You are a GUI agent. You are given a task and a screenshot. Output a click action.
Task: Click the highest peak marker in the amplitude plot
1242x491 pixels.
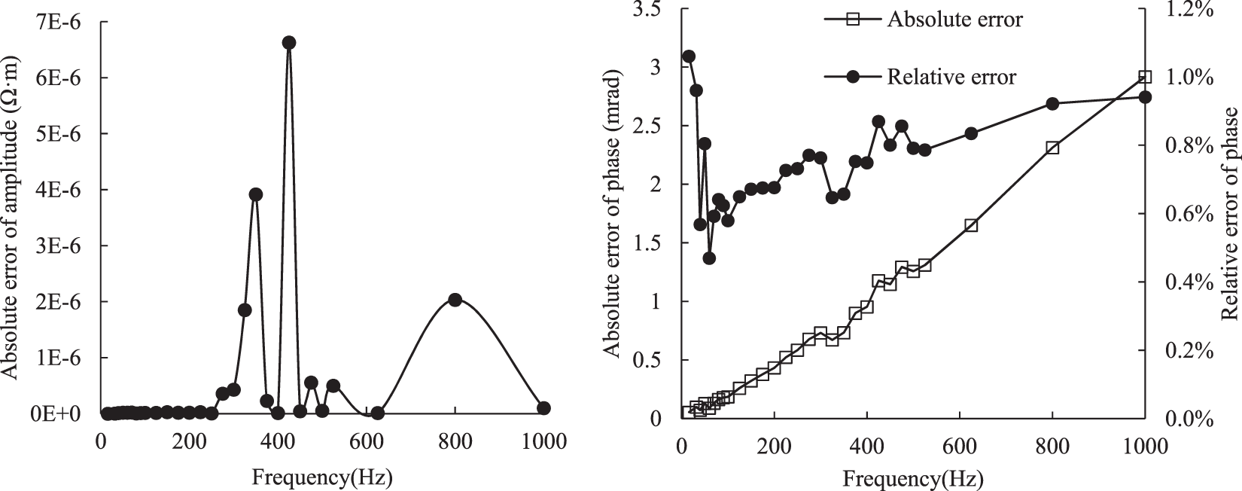pyautogui.click(x=289, y=43)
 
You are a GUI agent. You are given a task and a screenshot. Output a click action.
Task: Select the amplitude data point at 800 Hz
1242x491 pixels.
pyautogui.click(x=455, y=300)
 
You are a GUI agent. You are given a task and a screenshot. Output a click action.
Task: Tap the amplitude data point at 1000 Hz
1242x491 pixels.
pyautogui.click(x=543, y=408)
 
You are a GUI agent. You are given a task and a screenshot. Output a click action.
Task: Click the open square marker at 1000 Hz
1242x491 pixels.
pyautogui.click(x=1145, y=77)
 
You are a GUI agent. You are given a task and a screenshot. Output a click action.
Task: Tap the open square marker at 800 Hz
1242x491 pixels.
pyautogui.click(x=1052, y=148)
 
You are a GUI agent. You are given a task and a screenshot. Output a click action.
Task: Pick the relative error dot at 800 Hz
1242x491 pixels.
pyautogui.click(x=1052, y=104)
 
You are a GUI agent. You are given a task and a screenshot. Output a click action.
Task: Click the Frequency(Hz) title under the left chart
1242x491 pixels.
pyautogui.click(x=322, y=477)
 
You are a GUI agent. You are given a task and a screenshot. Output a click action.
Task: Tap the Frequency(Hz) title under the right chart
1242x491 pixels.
pyautogui.click(x=913, y=477)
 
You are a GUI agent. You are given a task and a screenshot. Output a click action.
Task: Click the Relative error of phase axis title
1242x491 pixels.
pyautogui.click(x=1231, y=214)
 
